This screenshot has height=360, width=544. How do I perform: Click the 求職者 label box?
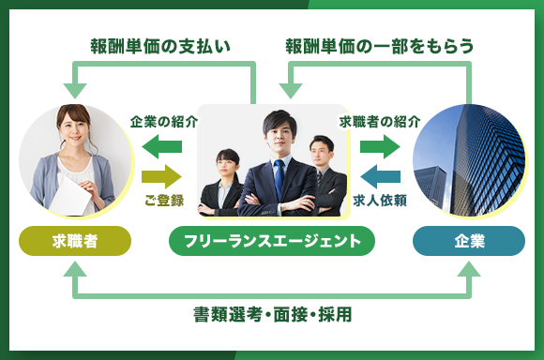pyautogui.click(x=75, y=241)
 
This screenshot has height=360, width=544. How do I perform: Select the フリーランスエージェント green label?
pyautogui.click(x=272, y=241)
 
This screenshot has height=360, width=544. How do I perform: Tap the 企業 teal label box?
pyautogui.click(x=469, y=241)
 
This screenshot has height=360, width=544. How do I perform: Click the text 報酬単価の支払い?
pyautogui.click(x=160, y=45)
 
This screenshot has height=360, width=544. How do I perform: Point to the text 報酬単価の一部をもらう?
pyautogui.click(x=379, y=45)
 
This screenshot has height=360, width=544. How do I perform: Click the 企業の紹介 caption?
pyautogui.click(x=164, y=121)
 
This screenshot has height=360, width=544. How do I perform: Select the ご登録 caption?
pyautogui.click(x=164, y=200)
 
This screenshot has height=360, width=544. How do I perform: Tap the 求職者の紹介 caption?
pyautogui.click(x=380, y=121)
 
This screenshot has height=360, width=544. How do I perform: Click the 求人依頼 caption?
pyautogui.click(x=379, y=200)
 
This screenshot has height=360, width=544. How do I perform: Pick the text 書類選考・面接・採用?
pyautogui.click(x=272, y=314)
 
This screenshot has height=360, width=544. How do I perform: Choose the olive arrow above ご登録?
pyautogui.click(x=161, y=175)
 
